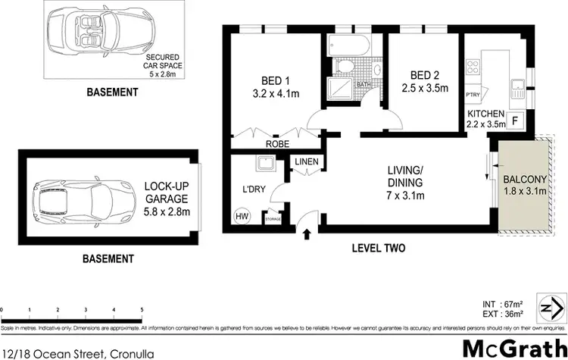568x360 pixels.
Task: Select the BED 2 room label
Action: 424,76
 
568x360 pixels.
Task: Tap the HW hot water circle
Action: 242,216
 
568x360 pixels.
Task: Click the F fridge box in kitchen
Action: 516,120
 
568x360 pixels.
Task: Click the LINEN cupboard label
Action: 307,162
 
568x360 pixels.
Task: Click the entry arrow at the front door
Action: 306,232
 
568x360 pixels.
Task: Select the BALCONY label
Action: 523,179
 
